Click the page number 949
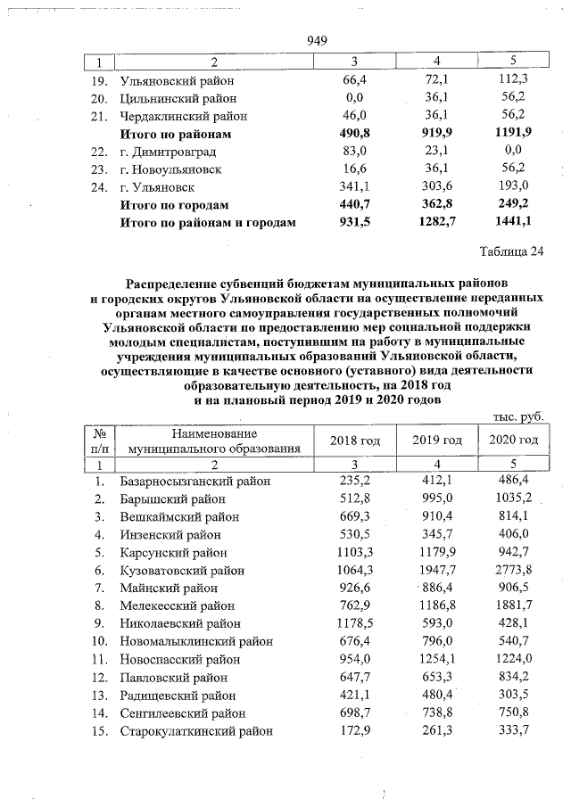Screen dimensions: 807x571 pyautogui.click(x=319, y=40)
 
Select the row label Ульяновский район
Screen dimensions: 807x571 pyautogui.click(x=170, y=81)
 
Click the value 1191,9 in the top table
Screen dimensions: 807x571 pyautogui.click(x=513, y=134)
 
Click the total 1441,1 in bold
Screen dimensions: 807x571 pyautogui.click(x=513, y=222)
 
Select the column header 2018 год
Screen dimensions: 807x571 pyautogui.click(x=355, y=441)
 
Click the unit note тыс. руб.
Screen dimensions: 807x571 pyautogui.click(x=517, y=416)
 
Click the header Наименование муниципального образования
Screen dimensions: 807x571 pyautogui.click(x=214, y=441)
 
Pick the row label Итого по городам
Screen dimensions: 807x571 pyautogui.click(x=175, y=204)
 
